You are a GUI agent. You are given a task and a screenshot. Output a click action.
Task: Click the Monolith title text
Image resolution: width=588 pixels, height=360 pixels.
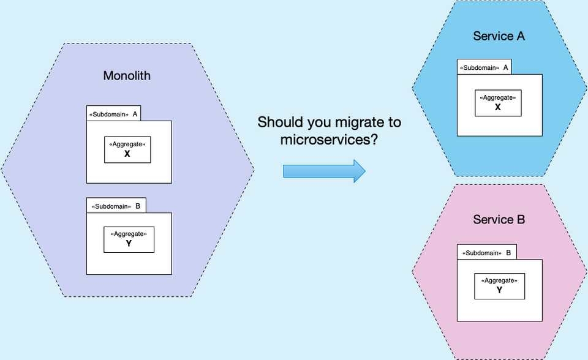point(127,76)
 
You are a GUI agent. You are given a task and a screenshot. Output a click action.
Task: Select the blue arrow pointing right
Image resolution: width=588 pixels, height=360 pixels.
point(324,170)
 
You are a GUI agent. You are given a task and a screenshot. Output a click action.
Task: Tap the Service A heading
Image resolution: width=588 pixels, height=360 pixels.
point(499,36)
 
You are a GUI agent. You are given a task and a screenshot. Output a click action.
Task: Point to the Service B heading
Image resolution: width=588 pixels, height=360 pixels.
point(499,219)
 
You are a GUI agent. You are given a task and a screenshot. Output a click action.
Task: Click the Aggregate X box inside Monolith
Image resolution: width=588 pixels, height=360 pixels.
point(127,149)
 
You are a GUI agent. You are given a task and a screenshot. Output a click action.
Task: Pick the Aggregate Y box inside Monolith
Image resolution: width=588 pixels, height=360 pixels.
point(129,239)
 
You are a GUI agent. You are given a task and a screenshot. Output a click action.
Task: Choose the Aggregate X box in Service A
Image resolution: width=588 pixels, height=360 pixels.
point(498,103)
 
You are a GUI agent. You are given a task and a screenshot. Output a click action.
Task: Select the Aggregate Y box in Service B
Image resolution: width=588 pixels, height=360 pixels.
point(499,286)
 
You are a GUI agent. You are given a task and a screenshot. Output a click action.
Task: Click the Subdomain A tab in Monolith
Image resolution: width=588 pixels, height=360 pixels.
point(115,114)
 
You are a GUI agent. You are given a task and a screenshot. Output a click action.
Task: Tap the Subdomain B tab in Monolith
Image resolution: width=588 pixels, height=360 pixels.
point(116,206)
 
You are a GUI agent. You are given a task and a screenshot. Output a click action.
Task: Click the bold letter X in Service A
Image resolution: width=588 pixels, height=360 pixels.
point(498,107)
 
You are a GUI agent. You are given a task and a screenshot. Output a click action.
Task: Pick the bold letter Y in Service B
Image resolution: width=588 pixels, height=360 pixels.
point(499,290)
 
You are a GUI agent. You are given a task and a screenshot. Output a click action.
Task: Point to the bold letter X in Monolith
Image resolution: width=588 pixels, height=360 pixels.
point(127,154)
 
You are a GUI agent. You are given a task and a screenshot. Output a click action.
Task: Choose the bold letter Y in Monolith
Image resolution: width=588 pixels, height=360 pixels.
point(129,244)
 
